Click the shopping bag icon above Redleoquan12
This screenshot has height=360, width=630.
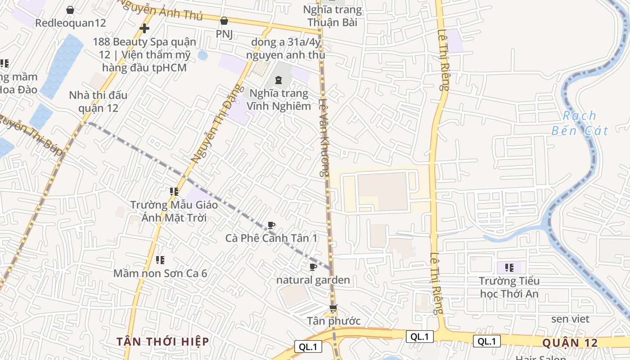click(70, 10)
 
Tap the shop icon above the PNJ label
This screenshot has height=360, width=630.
click(224, 21)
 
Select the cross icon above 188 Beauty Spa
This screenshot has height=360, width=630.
click(144, 28)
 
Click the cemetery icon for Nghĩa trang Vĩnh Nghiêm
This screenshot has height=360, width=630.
click(279, 80)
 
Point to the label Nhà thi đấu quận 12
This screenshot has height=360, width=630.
click(98, 102)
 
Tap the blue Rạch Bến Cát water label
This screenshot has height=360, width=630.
click(580, 123)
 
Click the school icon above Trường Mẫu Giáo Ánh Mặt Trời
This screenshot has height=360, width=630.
click(174, 192)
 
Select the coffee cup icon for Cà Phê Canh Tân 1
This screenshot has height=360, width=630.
click(271, 225)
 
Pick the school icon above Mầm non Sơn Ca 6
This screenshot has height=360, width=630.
click(160, 260)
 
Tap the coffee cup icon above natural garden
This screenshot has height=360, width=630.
click(313, 267)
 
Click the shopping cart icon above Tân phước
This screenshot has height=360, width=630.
click(333, 309)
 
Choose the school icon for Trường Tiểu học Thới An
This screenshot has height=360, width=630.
click(509, 268)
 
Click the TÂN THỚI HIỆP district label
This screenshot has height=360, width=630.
click(163, 342)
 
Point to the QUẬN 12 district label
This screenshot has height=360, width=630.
click(570, 343)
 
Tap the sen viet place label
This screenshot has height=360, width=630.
click(570, 319)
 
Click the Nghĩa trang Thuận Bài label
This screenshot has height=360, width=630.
click(332, 16)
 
